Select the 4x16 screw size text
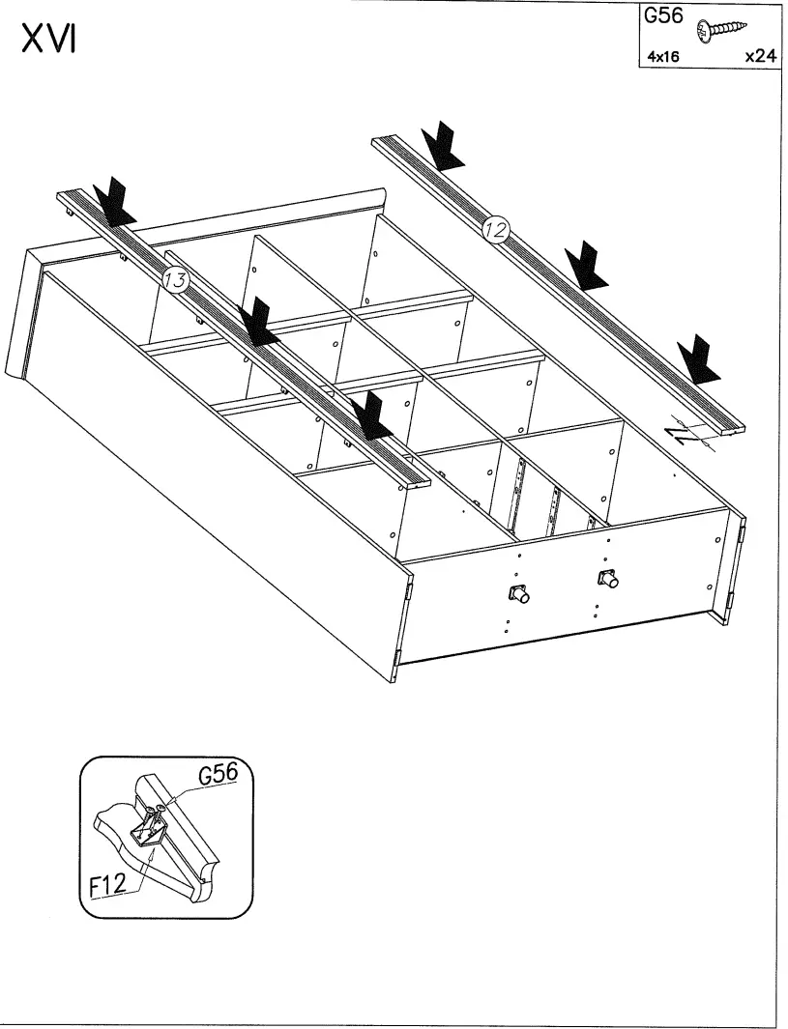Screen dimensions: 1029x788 [663, 57]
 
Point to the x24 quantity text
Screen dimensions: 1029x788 [760, 56]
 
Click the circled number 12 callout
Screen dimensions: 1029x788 [496, 229]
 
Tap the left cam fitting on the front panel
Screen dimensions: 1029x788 [516, 592]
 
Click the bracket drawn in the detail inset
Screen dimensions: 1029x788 [152, 826]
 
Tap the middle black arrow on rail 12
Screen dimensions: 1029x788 [586, 266]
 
